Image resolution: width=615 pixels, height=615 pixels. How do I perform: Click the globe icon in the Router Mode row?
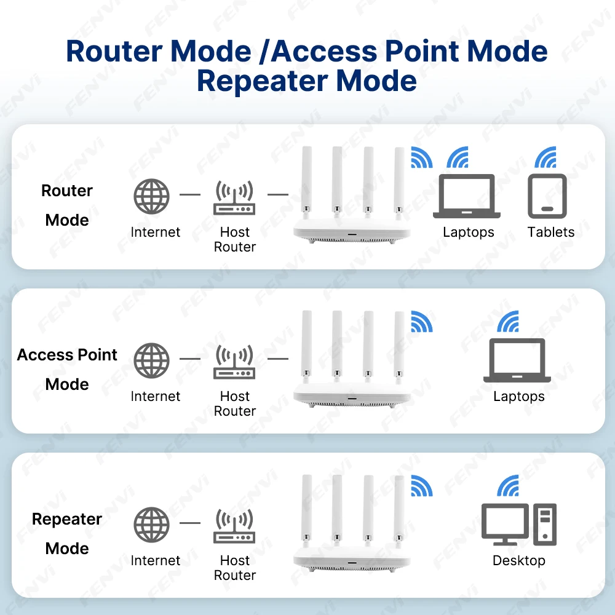pos(151,196)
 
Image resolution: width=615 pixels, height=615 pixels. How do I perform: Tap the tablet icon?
pos(547,196)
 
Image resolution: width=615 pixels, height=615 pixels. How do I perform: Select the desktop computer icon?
pos(519,525)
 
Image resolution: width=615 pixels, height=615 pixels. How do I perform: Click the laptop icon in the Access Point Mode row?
pos(517,360)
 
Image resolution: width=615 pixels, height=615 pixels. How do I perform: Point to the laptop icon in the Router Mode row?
pos(467,196)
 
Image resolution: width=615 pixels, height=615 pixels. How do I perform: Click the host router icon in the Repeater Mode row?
pos(234,526)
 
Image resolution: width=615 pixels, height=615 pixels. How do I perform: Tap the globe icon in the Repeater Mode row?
pos(151,525)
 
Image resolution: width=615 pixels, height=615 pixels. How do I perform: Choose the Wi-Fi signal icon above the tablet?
pos(546,157)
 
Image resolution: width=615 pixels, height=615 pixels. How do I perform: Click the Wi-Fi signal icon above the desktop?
pos(508,485)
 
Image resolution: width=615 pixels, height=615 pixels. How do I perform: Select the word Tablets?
pos(550,232)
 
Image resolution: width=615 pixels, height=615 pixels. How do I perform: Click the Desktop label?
pos(519,560)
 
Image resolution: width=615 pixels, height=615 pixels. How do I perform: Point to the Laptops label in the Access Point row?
pos(519,397)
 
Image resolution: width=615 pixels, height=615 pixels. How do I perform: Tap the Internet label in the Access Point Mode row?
pos(156,396)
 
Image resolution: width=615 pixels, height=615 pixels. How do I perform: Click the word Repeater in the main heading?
pos(262,81)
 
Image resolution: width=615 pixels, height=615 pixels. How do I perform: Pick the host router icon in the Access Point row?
pos(234,362)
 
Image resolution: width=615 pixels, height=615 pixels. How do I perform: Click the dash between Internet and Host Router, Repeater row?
pos(190,523)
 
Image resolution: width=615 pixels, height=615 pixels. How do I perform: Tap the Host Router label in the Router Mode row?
pos(234,239)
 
